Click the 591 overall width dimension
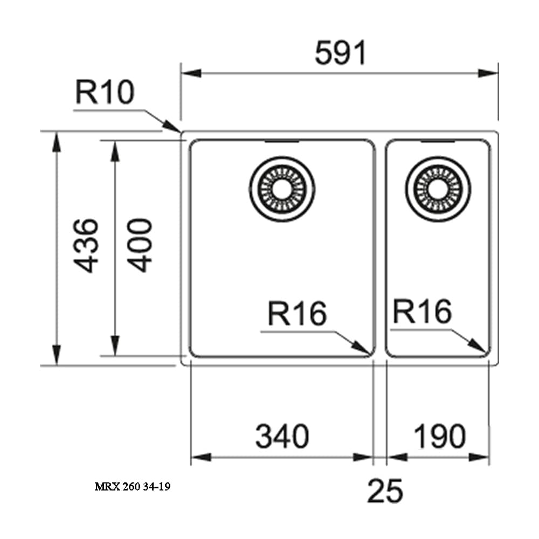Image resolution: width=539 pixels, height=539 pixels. pos(340,53)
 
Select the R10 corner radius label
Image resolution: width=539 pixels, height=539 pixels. pos(104,93)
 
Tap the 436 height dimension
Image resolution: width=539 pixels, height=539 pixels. pos(85,245)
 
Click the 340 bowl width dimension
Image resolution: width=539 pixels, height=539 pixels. pos(282,437)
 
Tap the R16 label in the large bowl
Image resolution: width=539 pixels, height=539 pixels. pos(297,314)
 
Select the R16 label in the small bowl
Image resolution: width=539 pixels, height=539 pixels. pos(421,311)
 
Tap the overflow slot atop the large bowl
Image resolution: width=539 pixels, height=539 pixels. pos(282,142)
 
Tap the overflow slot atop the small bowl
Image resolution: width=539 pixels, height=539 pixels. pos(438,142)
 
